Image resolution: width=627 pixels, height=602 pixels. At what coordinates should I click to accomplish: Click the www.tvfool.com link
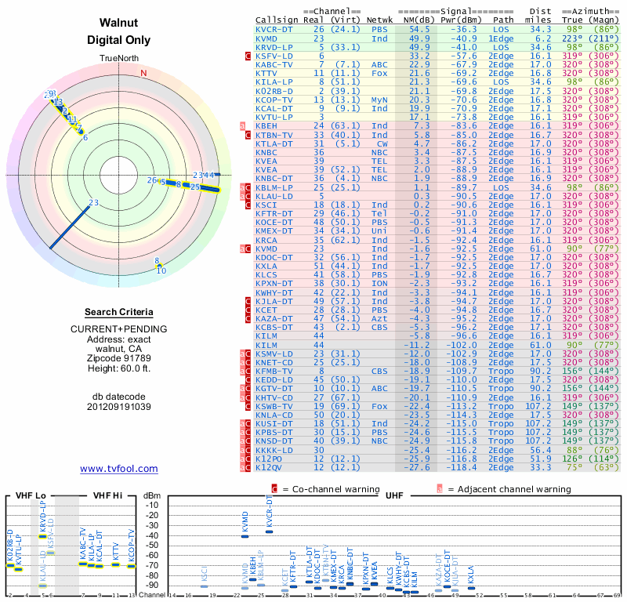tap(118, 469)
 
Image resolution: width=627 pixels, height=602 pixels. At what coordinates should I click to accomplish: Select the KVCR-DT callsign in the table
tap(275, 29)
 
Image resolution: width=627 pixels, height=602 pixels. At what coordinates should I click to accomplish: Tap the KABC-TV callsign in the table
tap(275, 64)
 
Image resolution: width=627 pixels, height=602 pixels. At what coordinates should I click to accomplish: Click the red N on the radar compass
tap(143, 74)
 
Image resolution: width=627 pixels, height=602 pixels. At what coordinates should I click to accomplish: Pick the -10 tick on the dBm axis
tap(152, 505)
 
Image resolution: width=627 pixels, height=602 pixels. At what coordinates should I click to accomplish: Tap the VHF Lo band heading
tap(30, 495)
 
